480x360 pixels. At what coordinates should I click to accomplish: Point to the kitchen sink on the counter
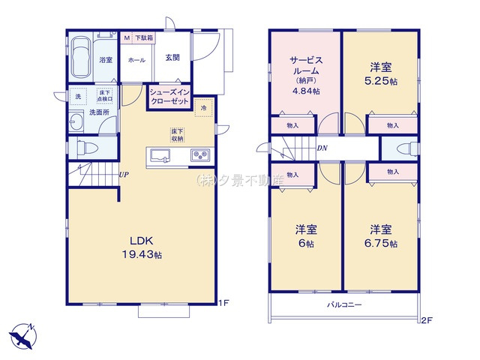tap(160, 156)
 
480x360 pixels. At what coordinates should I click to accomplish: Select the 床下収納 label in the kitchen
tap(176, 134)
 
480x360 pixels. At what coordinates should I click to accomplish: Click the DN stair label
tap(322, 148)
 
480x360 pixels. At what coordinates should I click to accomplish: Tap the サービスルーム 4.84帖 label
tap(306, 73)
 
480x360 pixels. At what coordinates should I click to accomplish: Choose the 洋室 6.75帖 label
tap(382, 235)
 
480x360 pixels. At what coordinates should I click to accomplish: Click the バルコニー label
tap(344, 305)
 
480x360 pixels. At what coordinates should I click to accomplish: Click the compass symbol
tap(22, 333)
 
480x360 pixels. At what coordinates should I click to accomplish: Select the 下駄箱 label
tap(144, 37)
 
